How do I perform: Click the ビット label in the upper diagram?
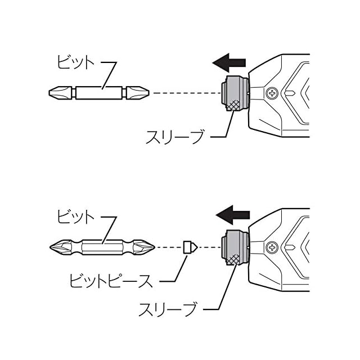pos(75,63)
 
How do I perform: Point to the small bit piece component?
pos(188,246)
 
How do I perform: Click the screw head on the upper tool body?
pos(273,92)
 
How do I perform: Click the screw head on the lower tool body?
pos(273,247)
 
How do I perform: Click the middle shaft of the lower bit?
pos(102,247)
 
